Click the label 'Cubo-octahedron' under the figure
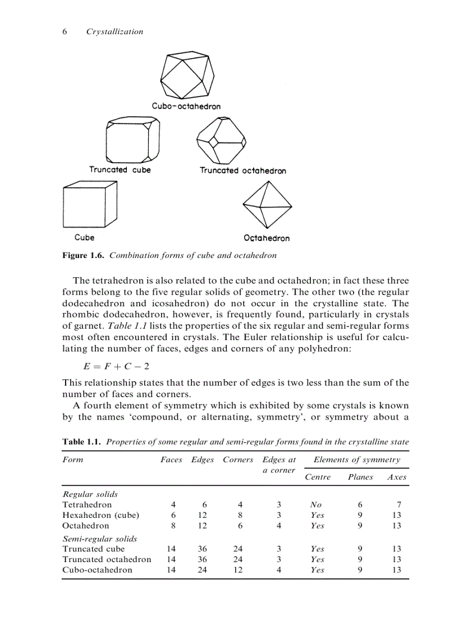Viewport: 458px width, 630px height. [x=186, y=106]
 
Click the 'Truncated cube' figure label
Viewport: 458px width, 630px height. [x=120, y=169]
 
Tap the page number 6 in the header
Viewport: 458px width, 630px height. [x=65, y=32]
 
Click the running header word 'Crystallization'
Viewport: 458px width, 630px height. [x=114, y=32]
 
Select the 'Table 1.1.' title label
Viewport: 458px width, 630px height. [x=82, y=442]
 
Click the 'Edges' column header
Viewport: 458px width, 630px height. [x=203, y=459]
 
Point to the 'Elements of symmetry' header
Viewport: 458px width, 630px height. [x=356, y=459]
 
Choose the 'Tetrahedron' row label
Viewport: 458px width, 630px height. [x=87, y=504]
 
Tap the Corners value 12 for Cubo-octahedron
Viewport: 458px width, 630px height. [x=237, y=570]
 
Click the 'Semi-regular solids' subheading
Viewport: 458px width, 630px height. [x=99, y=539]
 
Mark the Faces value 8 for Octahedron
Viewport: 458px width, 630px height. [x=173, y=526]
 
